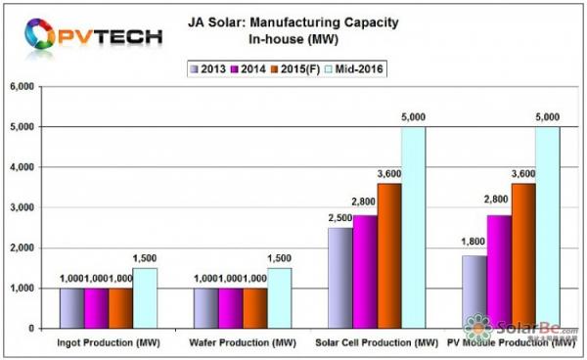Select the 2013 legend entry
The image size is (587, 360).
(212, 67)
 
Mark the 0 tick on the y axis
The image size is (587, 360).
(40, 330)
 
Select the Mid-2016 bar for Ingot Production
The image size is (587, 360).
(145, 298)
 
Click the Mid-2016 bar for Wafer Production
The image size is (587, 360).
(279, 298)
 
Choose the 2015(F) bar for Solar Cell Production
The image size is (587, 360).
(388, 256)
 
